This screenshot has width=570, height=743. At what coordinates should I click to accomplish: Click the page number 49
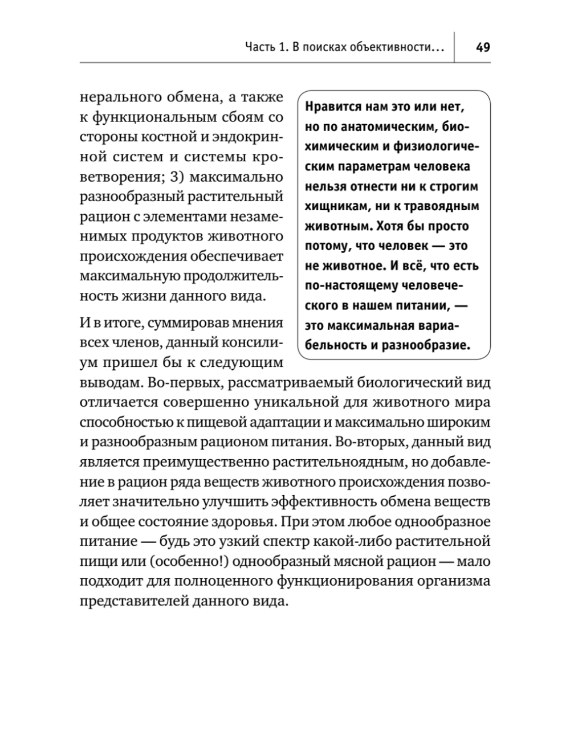[482, 47]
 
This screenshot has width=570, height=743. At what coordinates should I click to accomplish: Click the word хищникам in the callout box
[332, 206]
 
